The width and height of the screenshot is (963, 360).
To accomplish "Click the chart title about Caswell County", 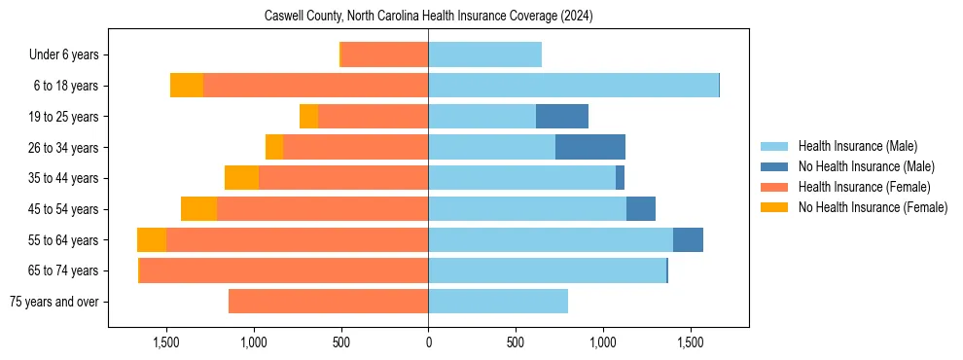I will (x=429, y=17).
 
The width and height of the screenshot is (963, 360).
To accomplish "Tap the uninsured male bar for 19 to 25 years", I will (x=562, y=117).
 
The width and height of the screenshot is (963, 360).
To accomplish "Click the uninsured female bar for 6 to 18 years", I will (x=187, y=86).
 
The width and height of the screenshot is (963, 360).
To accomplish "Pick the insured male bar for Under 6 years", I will (x=484, y=54).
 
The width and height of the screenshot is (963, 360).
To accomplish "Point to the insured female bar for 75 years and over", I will (x=329, y=302).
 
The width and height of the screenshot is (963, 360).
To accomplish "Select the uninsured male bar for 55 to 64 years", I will (x=688, y=239).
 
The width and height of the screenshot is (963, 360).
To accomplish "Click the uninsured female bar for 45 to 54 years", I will (x=198, y=209).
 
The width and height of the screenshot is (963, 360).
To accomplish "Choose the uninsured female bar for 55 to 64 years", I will (x=152, y=239).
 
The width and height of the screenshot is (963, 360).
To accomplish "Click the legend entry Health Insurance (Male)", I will (x=857, y=146).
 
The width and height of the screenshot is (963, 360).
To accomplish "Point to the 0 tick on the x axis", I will (x=428, y=343).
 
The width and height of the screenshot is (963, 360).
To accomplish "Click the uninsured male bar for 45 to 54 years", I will (x=641, y=209).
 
